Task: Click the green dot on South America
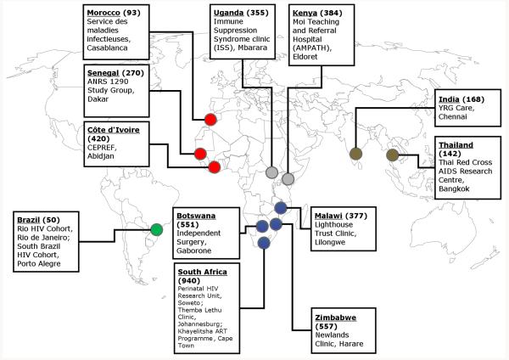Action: tap(156, 229)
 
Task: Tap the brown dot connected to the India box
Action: tap(355, 155)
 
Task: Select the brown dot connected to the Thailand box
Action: tap(392, 155)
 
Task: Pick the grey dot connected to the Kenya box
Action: tap(288, 178)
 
